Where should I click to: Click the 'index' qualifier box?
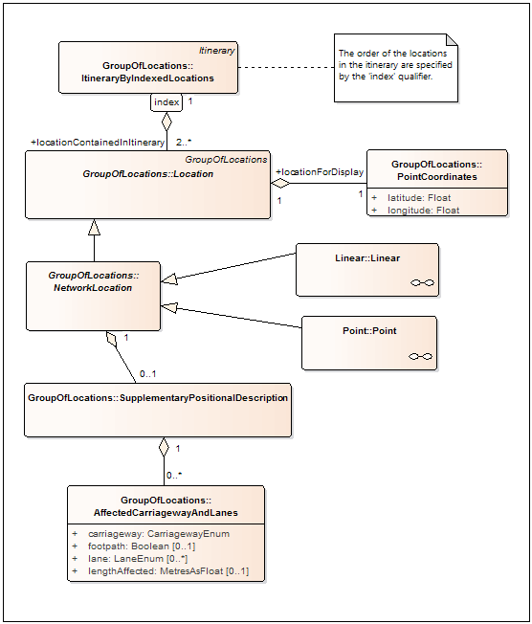click(x=166, y=102)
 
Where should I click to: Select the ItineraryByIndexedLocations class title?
click(x=147, y=72)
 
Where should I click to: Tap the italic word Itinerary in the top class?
click(x=217, y=51)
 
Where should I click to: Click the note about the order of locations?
click(x=396, y=68)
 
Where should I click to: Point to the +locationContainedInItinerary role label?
click(x=98, y=143)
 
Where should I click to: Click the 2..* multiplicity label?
click(x=184, y=142)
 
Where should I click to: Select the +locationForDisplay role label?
click(x=320, y=172)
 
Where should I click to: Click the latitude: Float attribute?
click(x=419, y=198)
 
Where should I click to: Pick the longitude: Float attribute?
click(x=423, y=211)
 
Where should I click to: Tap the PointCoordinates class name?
click(x=437, y=170)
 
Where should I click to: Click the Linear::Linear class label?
click(x=367, y=257)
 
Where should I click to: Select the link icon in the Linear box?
click(x=422, y=283)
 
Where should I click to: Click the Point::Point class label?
click(x=369, y=331)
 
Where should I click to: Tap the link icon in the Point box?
click(x=421, y=357)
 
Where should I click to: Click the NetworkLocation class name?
click(x=93, y=281)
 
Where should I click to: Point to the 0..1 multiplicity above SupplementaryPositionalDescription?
click(x=148, y=374)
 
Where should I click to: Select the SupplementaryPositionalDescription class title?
click(x=158, y=398)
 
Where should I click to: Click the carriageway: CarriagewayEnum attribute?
click(x=159, y=534)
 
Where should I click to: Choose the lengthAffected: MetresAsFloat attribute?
click(x=168, y=571)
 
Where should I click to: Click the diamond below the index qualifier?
click(x=166, y=122)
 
